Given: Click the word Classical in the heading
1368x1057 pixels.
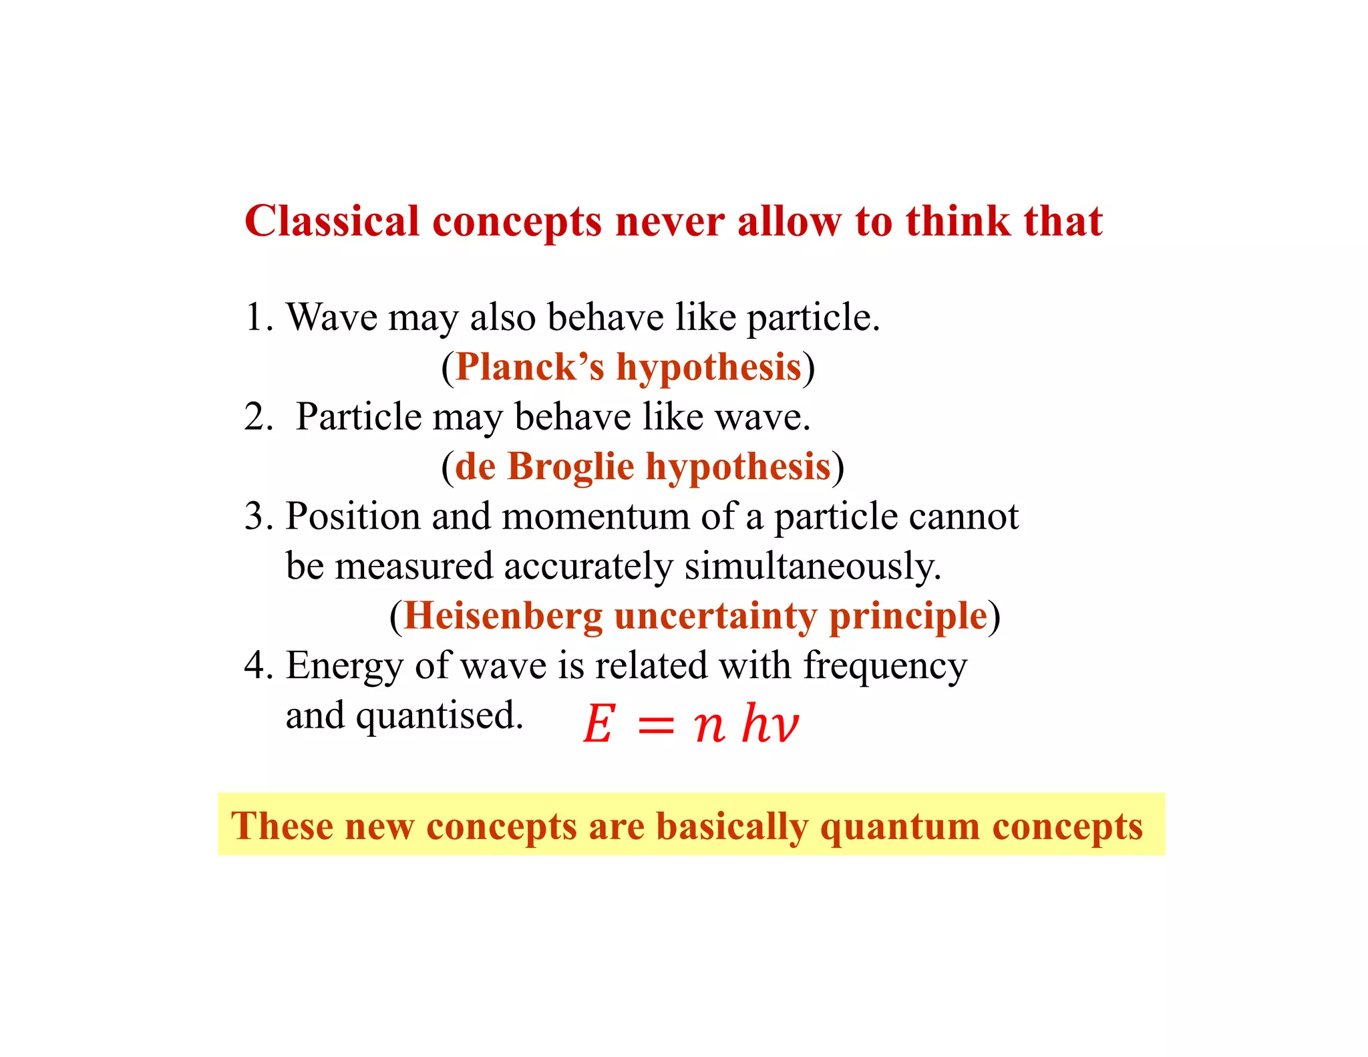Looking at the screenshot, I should [331, 221].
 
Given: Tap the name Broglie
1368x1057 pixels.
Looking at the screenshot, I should [570, 466].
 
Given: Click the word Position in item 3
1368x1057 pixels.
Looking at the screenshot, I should [353, 516].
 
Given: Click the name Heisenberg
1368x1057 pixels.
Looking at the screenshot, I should [503, 616].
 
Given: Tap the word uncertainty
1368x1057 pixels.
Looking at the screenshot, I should [715, 616].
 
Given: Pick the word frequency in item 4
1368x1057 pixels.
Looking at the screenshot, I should [884, 666].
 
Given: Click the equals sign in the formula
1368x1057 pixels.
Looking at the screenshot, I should [656, 726].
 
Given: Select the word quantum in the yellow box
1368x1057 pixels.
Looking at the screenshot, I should [900, 826].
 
